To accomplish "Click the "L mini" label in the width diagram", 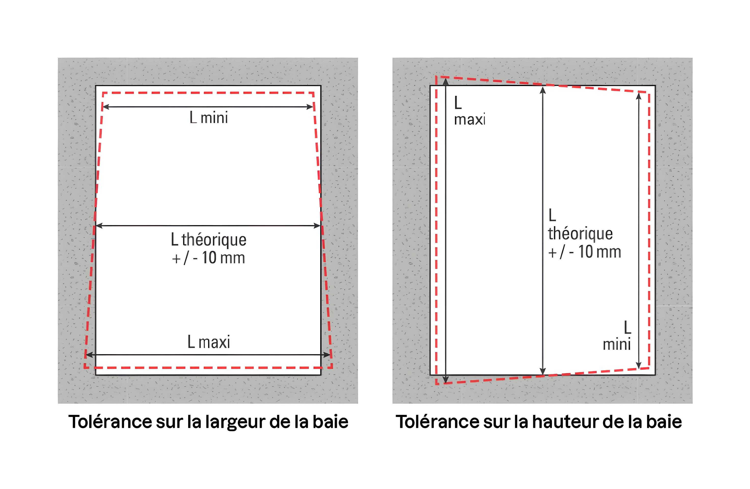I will coord(209,118).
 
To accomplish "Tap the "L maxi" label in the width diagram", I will coord(209,342).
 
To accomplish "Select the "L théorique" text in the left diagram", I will coord(209,240).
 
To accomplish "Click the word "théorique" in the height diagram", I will coord(580,234).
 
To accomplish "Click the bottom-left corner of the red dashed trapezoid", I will coord(85,368).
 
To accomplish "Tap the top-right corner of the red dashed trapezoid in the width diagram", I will coord(313,93).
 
